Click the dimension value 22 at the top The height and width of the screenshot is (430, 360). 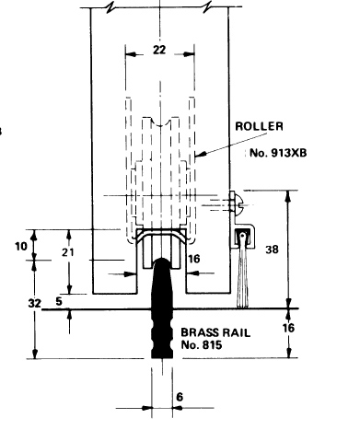(x=159, y=50)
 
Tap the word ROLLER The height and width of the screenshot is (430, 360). (x=259, y=126)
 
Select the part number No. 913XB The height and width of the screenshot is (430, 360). (x=278, y=153)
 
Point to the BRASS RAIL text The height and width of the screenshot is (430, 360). (x=215, y=332)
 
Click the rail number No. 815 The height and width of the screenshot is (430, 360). (x=202, y=345)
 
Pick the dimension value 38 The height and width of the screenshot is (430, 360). (x=272, y=250)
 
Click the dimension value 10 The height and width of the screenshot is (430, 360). (x=21, y=246)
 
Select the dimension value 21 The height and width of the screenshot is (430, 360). (x=68, y=252)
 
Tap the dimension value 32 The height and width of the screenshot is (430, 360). (x=34, y=304)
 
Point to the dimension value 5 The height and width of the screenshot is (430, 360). (x=59, y=301)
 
